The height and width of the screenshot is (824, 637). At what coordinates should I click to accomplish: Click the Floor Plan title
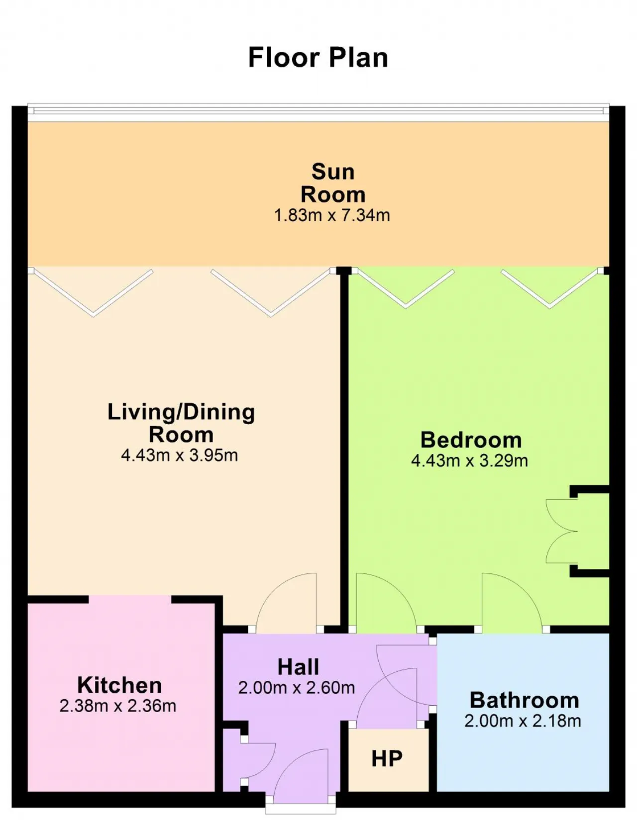(318, 58)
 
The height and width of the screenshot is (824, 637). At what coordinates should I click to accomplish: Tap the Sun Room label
(333, 183)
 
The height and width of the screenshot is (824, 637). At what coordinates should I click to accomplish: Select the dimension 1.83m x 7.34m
(332, 215)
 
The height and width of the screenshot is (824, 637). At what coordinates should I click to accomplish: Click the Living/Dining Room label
(181, 423)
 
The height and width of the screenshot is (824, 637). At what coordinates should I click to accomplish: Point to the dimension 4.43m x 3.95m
(180, 455)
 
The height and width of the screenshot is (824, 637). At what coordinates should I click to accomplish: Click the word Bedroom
(471, 440)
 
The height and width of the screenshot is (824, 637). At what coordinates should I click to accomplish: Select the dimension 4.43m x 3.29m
(470, 460)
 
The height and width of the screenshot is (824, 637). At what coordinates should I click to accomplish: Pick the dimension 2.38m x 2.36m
(118, 706)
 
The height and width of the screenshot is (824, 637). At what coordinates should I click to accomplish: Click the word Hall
(298, 667)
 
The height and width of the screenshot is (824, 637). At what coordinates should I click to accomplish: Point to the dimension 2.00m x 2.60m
(297, 688)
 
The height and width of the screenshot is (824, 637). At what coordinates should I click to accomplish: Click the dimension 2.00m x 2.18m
(523, 721)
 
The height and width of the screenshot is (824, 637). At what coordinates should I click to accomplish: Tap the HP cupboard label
(387, 759)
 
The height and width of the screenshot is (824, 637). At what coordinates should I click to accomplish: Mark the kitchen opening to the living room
(130, 599)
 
